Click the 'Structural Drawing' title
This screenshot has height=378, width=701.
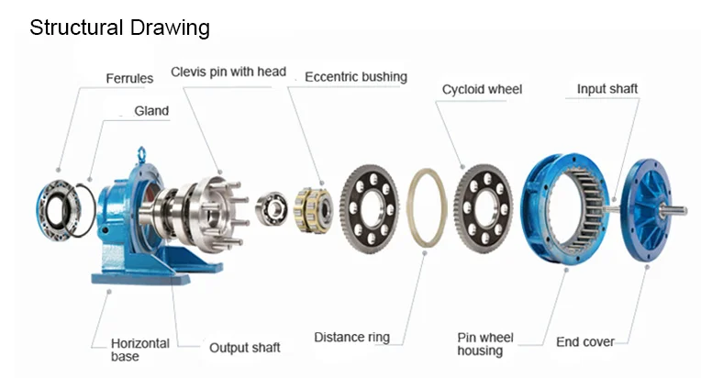(x=119, y=28)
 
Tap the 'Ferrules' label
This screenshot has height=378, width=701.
(x=129, y=79)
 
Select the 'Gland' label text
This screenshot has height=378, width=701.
(x=151, y=111)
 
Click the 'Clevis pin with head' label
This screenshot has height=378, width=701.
(x=228, y=72)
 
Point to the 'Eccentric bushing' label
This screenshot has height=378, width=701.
(x=356, y=77)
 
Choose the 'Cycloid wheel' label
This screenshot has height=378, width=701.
(x=482, y=89)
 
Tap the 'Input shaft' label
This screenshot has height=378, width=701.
(x=607, y=89)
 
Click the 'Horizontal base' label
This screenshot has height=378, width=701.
(x=140, y=350)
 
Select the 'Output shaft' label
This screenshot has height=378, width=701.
(x=245, y=348)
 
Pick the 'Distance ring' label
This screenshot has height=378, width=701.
(x=351, y=337)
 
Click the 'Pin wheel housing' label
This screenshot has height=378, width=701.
(x=485, y=344)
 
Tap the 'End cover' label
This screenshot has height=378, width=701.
(x=584, y=342)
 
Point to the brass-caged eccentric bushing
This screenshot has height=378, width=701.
(x=314, y=210)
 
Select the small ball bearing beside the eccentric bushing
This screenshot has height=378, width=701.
(x=272, y=208)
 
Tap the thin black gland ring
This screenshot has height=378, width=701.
(x=93, y=210)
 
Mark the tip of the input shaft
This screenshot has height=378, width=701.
(x=685, y=210)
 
